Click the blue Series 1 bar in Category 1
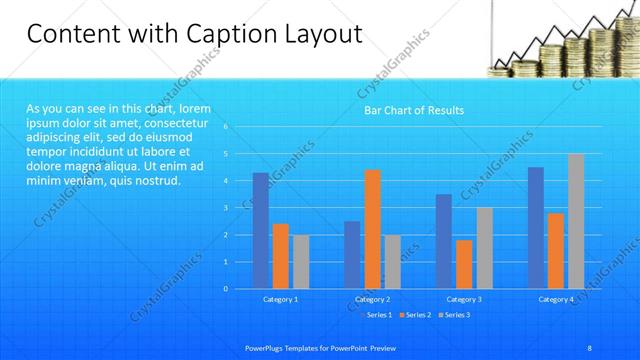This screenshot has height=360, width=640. pyautogui.click(x=260, y=231)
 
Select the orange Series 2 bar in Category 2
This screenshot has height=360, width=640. pyautogui.click(x=372, y=229)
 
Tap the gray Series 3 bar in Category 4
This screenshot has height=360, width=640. pyautogui.click(x=576, y=221)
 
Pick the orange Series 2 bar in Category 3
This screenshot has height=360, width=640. pyautogui.click(x=464, y=264)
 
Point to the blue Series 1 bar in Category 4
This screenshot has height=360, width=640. pyautogui.click(x=536, y=228)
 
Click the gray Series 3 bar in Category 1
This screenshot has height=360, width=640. pyautogui.click(x=300, y=261)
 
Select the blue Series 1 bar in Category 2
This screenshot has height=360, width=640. pyautogui.click(x=352, y=255)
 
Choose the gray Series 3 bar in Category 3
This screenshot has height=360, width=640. pyautogui.click(x=484, y=248)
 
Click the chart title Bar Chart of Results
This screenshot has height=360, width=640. pyautogui.click(x=413, y=110)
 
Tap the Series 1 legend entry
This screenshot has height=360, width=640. pyautogui.click(x=376, y=315)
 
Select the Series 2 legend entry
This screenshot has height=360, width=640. pyautogui.click(x=415, y=315)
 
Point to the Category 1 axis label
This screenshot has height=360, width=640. pyautogui.click(x=280, y=299)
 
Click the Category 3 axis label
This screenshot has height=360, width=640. pyautogui.click(x=464, y=299)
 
